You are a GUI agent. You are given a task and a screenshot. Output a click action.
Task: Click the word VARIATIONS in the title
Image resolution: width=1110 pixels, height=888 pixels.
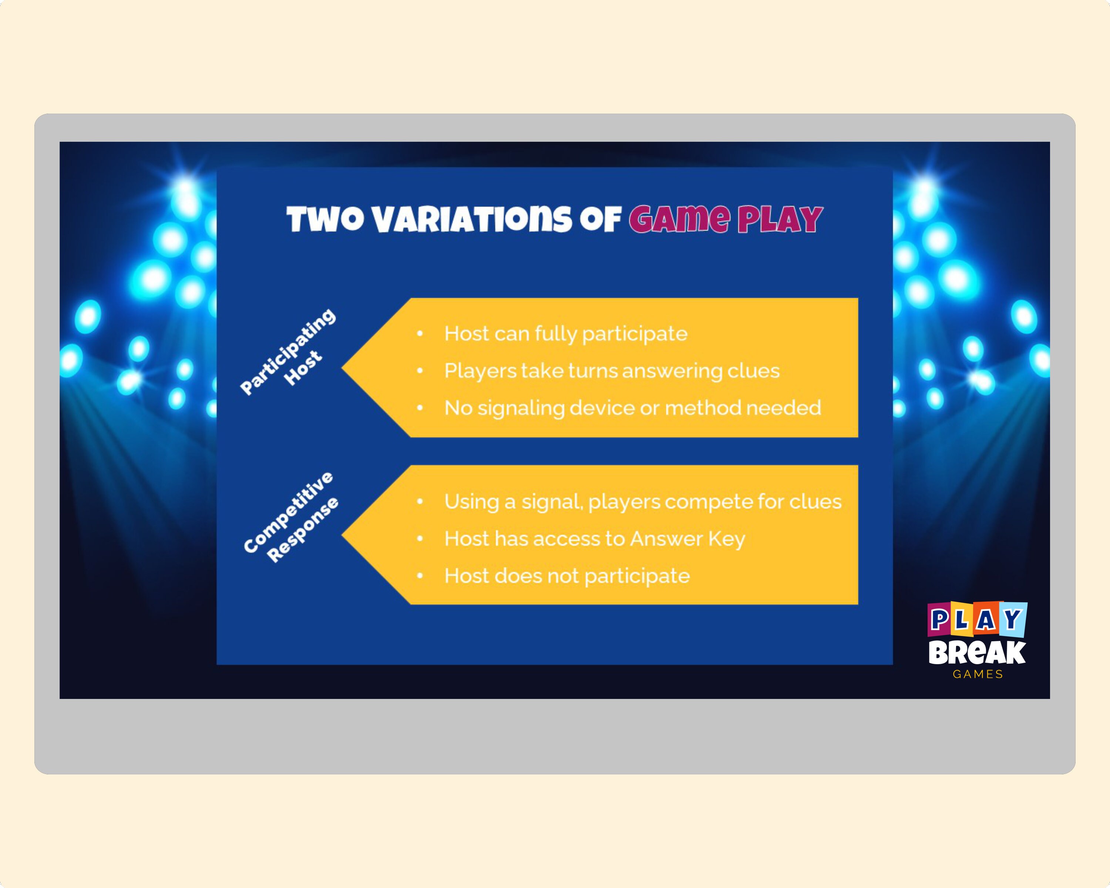(472, 220)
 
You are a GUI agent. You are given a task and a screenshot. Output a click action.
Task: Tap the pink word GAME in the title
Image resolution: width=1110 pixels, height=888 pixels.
(680, 220)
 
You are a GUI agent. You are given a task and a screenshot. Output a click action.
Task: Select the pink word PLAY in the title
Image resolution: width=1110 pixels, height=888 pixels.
(780, 220)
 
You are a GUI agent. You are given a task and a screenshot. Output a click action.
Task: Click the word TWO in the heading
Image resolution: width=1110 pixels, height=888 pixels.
(325, 220)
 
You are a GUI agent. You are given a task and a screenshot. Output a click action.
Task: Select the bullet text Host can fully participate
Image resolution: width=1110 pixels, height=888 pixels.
(565, 334)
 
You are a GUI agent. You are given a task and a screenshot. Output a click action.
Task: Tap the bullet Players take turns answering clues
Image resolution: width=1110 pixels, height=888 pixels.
(612, 371)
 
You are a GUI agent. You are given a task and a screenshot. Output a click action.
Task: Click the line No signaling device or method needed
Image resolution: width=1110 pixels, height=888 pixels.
(632, 408)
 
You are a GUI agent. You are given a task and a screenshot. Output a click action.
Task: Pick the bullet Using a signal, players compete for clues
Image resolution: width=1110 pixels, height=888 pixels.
(643, 501)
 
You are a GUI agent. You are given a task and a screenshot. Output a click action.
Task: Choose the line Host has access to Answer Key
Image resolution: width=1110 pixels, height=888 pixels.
(595, 538)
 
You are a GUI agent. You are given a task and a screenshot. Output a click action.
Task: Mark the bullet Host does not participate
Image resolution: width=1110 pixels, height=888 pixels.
(567, 575)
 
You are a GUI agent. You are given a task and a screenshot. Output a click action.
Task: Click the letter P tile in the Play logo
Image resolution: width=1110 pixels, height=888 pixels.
(939, 620)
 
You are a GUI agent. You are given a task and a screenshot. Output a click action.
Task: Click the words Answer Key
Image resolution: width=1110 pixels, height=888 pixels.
(687, 538)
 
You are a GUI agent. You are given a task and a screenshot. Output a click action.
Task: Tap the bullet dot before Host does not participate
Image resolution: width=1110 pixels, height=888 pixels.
(420, 575)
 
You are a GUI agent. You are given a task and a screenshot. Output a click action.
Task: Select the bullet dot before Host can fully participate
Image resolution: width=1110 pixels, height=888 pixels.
(420, 334)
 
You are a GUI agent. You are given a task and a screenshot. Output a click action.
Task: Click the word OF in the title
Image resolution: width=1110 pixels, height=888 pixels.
(600, 220)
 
